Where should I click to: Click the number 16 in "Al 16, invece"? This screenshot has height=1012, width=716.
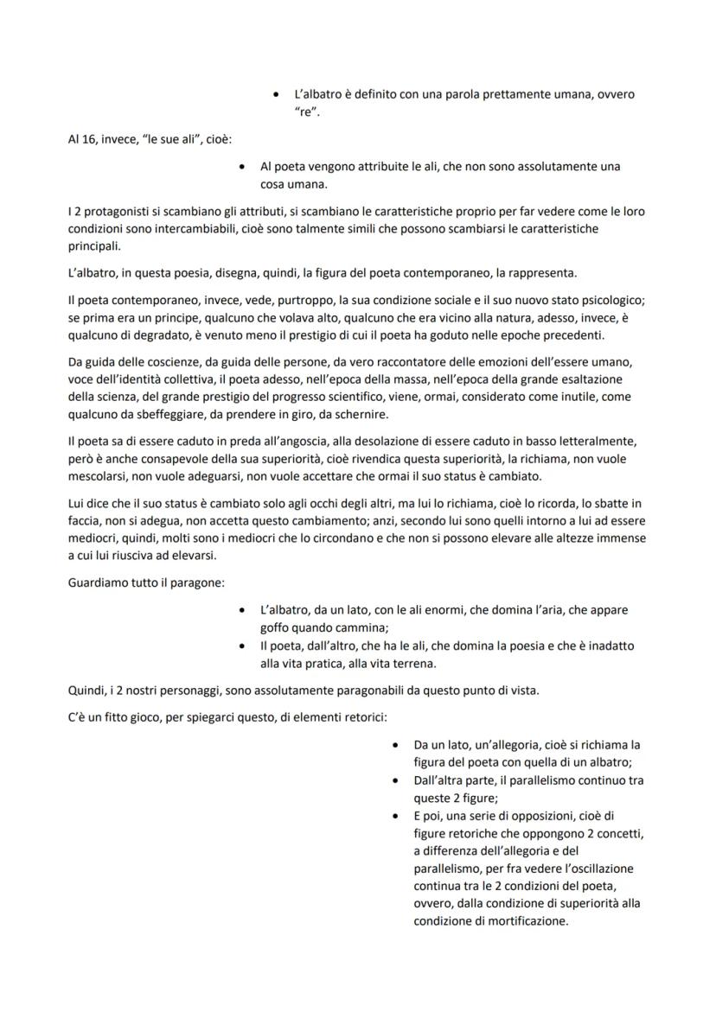(90, 138)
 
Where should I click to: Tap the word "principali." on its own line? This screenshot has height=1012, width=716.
(95, 247)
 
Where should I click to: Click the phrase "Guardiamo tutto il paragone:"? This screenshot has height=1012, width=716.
(145, 582)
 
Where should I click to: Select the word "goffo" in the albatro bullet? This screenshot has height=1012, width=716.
(276, 627)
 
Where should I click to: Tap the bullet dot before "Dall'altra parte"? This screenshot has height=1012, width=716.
(394, 780)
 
